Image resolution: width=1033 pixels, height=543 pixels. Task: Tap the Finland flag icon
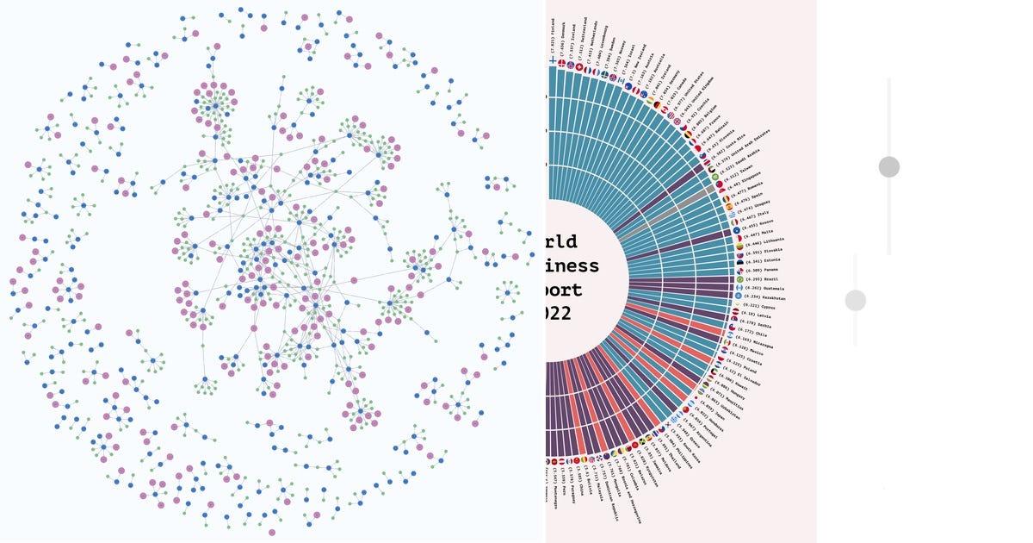[x=552, y=63]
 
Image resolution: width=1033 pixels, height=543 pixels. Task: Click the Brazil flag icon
[x=739, y=279]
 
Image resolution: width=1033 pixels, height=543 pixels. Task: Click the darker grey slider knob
[x=889, y=167]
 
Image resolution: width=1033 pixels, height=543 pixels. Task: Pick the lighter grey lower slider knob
[x=855, y=300]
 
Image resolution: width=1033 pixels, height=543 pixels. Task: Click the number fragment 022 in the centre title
[x=559, y=314]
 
